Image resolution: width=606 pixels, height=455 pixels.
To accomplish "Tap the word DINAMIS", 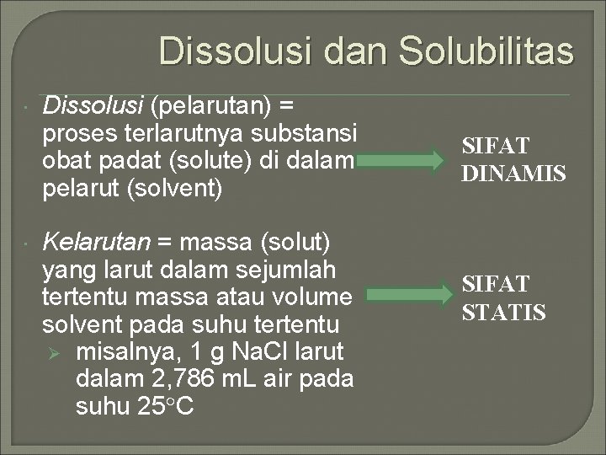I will click(x=513, y=174).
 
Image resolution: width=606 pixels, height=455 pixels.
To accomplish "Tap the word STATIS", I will click(x=504, y=312).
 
